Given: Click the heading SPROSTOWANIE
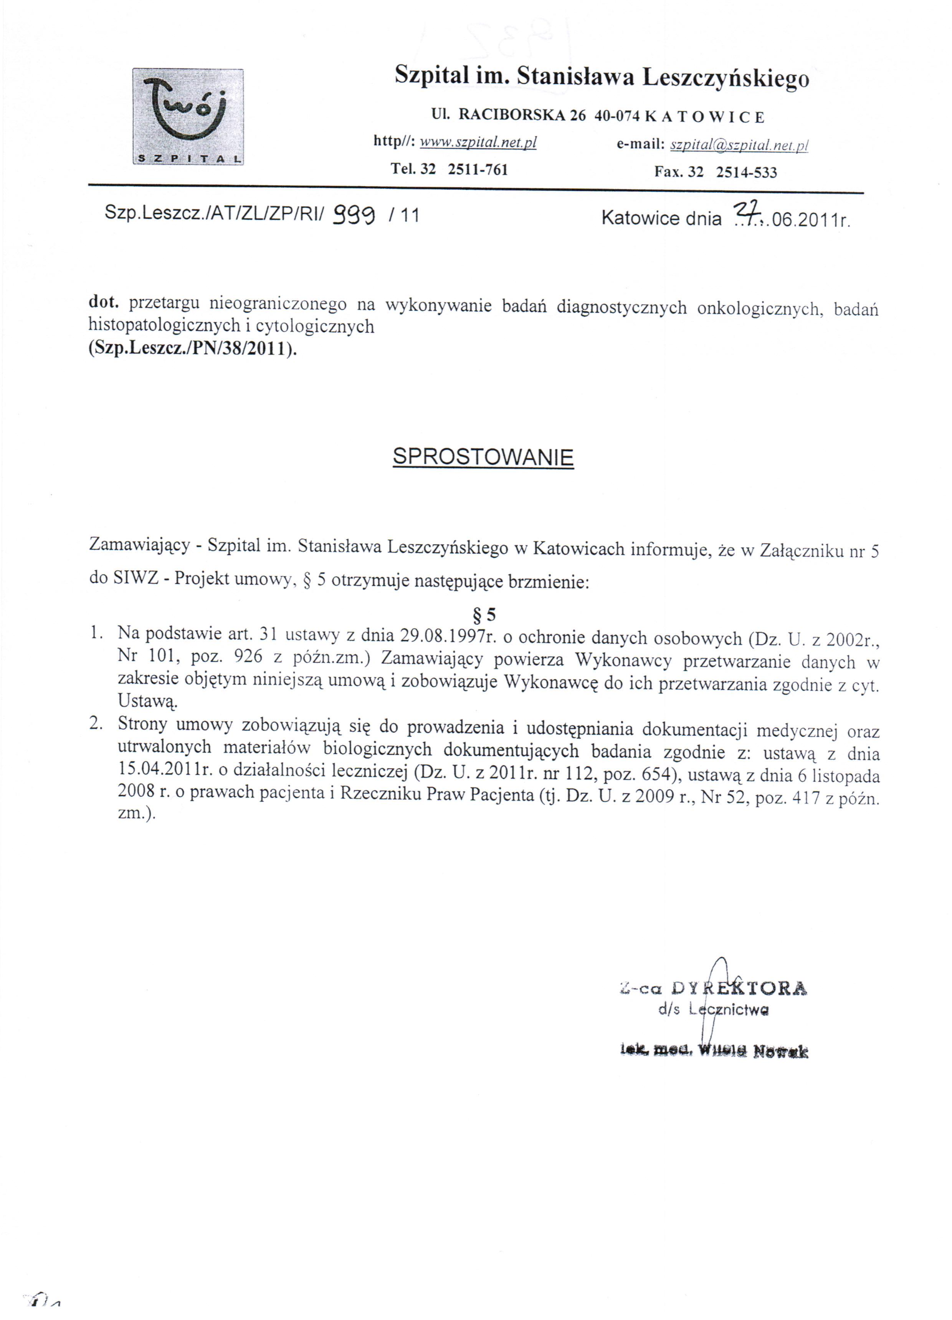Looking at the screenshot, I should point(483,457).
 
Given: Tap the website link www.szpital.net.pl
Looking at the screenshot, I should point(478,142).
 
